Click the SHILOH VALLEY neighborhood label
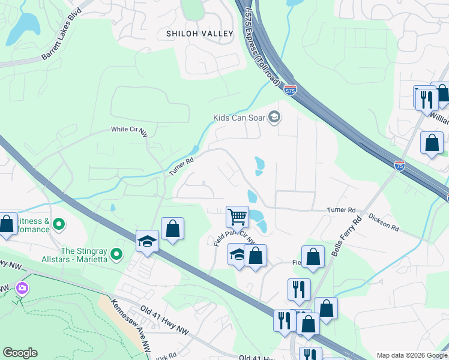199,34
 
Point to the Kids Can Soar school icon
275,116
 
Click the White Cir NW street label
129,130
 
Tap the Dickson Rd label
384,223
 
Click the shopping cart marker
237,216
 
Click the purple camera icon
22,289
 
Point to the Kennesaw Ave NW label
131,323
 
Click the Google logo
20,353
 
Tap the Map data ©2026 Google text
412,355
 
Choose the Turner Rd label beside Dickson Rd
341,210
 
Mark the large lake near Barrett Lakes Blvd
23,27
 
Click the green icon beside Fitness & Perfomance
58,225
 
